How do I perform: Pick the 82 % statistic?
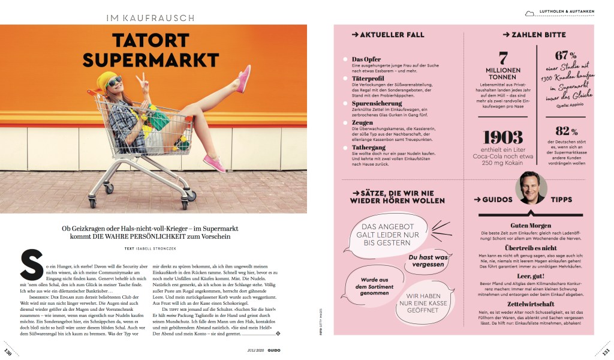coord(567,131)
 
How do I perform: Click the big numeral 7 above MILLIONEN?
coord(503,59)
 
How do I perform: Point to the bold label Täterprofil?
coord(368,78)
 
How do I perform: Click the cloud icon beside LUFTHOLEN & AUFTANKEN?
coord(529,13)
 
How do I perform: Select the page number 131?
coord(605,351)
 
